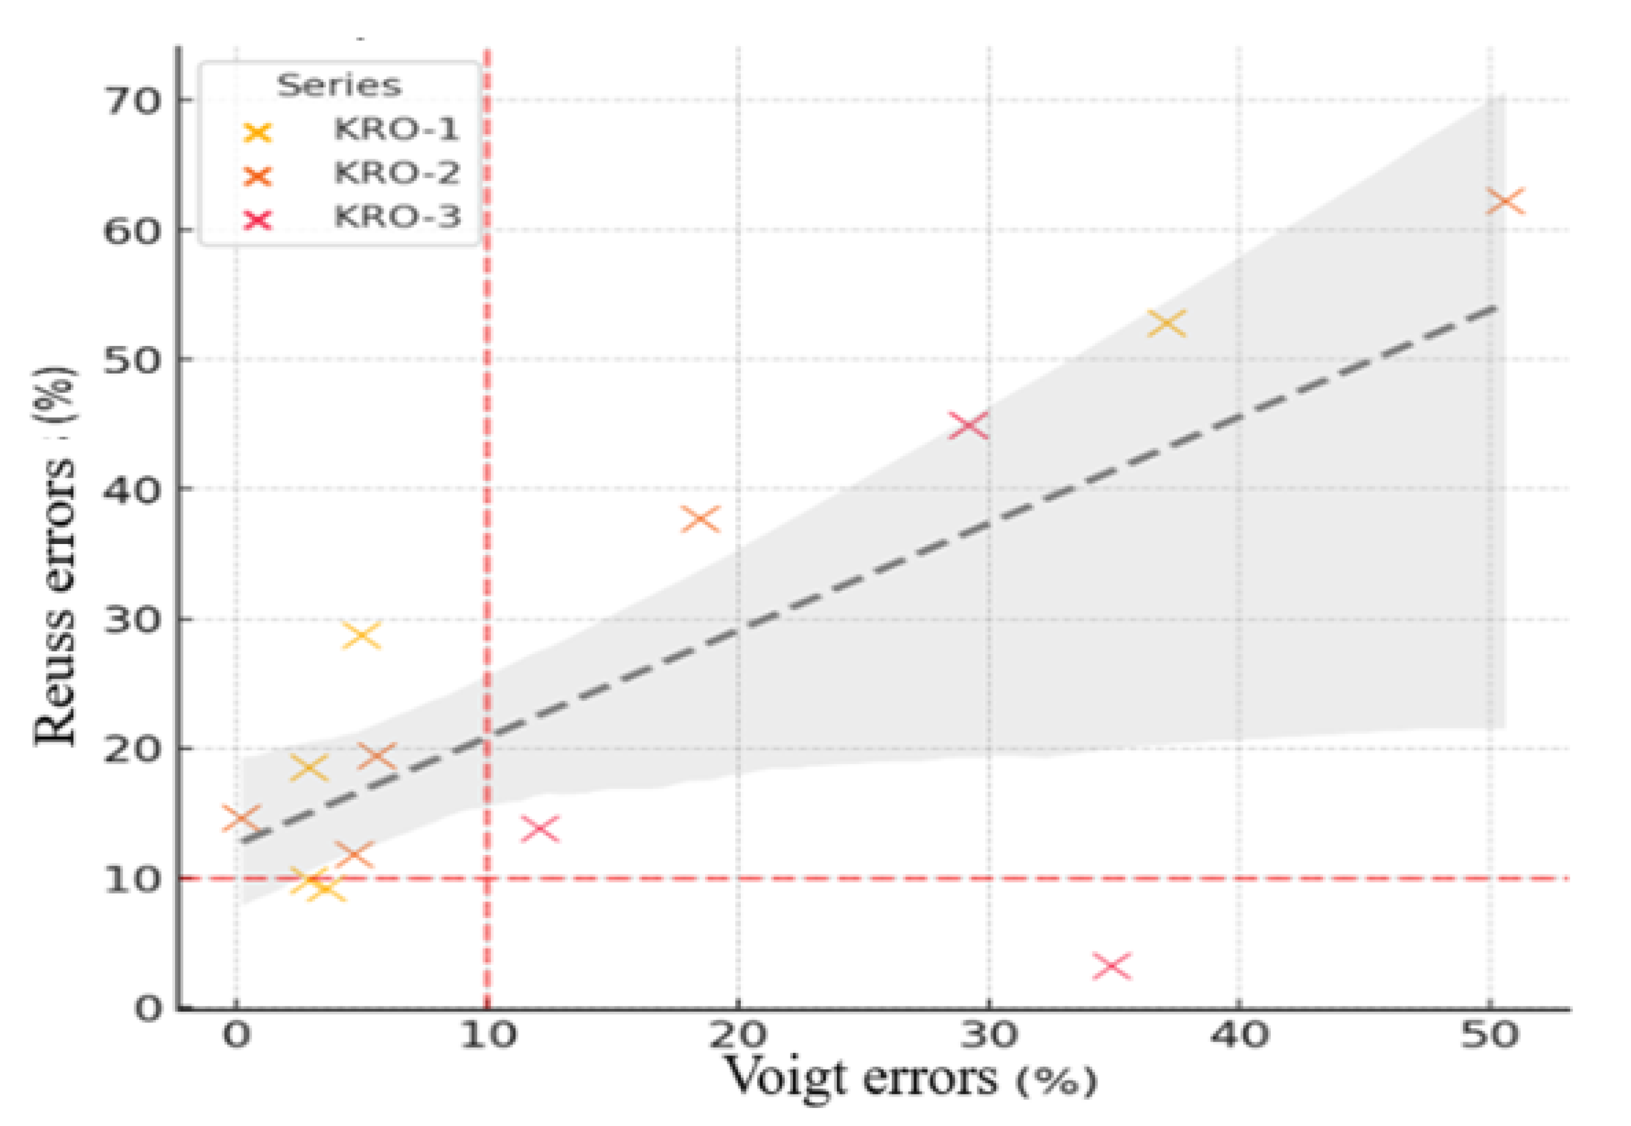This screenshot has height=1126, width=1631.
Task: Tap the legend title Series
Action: point(339,85)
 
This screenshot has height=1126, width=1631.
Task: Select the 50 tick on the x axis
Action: point(1489,1035)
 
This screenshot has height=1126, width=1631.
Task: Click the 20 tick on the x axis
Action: point(737,1035)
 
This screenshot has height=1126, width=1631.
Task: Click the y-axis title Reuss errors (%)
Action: point(55,557)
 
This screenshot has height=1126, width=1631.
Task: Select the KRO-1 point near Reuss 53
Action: point(1167,323)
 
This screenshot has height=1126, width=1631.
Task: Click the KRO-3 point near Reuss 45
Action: point(968,425)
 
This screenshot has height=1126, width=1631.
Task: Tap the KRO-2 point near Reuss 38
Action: point(700,519)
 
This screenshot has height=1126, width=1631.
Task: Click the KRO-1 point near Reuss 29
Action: point(361,635)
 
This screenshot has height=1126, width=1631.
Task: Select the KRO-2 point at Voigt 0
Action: point(241,819)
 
